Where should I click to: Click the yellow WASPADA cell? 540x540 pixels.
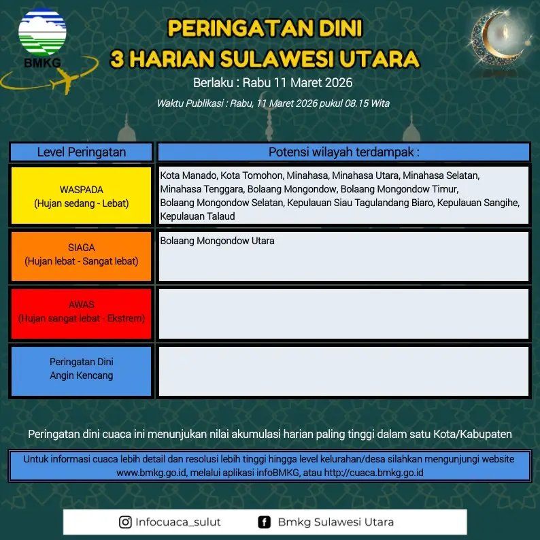click(x=81, y=196)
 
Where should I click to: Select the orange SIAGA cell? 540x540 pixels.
click(x=81, y=254)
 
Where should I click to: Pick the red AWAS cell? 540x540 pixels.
click(x=81, y=311)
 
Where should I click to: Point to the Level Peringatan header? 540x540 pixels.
click(x=81, y=152)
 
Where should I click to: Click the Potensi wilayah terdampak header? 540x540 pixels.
click(x=343, y=152)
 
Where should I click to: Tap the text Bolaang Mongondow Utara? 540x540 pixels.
click(x=218, y=241)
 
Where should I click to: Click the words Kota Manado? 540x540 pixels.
click(x=188, y=175)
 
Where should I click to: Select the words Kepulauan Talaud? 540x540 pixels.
click(x=198, y=216)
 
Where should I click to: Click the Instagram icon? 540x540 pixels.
click(x=125, y=522)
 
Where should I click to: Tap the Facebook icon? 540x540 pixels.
click(x=264, y=522)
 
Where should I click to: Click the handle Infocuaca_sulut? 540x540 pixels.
click(x=178, y=522)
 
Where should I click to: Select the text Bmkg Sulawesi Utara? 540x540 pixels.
click(x=335, y=522)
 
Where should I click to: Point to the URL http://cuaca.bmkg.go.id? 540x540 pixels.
click(x=373, y=472)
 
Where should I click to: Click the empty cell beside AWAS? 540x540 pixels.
click(x=343, y=314)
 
